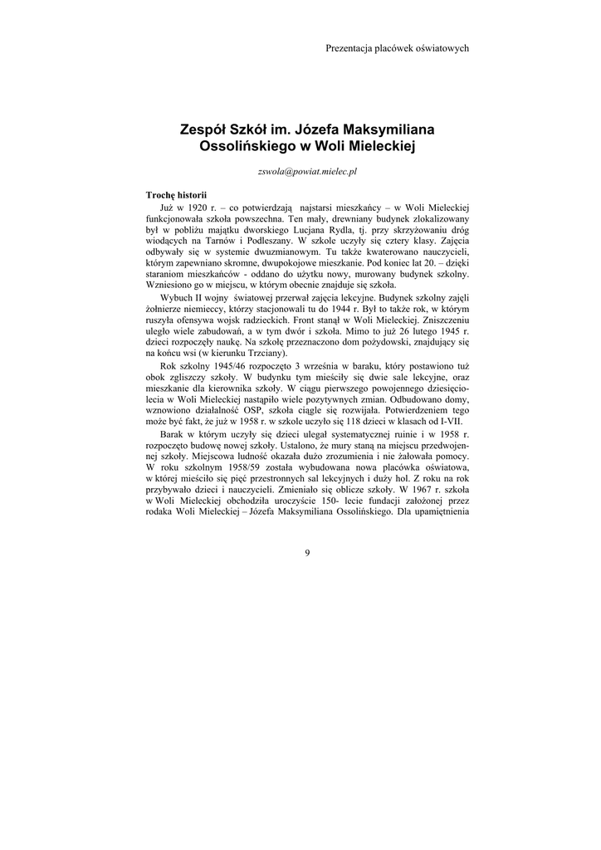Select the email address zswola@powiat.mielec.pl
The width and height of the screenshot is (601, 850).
(x=308, y=171)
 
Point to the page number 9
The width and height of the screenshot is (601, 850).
(x=306, y=554)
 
